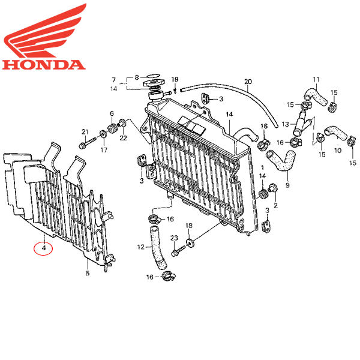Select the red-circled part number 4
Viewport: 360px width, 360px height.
pyautogui.click(x=44, y=247)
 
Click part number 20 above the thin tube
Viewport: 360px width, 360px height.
pyautogui.click(x=248, y=82)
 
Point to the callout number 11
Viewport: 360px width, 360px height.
pyautogui.click(x=316, y=79)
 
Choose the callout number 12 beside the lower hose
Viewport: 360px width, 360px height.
pyautogui.click(x=141, y=247)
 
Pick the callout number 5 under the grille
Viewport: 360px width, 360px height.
pyautogui.click(x=87, y=274)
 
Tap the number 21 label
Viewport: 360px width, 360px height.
pyautogui.click(x=85, y=132)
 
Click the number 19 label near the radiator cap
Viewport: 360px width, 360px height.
pyautogui.click(x=175, y=80)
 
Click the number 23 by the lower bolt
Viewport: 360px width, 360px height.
pyautogui.click(x=174, y=239)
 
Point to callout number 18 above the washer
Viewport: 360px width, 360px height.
pyautogui.click(x=189, y=226)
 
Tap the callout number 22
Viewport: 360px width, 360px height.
pyautogui.click(x=123, y=139)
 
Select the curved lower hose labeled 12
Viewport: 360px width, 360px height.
pyautogui.click(x=157, y=246)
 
